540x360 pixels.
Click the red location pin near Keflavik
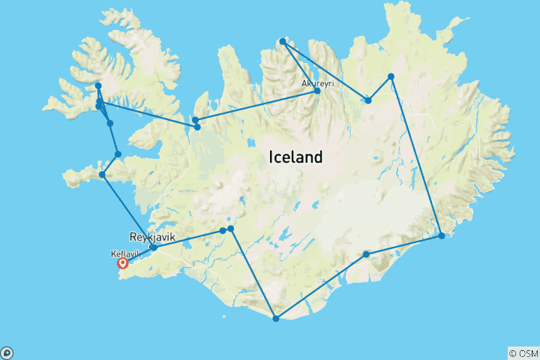click(122, 262)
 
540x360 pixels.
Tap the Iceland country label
click(295, 157)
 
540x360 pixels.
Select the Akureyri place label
click(317, 83)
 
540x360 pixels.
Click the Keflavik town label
click(125, 253)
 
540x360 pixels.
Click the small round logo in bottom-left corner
click(6, 353)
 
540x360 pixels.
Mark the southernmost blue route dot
click(276, 319)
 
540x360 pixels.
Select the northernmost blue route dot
click(282, 41)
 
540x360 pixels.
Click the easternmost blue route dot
click(442, 236)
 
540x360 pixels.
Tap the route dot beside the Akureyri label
click(317, 91)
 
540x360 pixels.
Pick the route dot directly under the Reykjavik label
click(154, 247)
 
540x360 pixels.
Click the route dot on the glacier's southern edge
click(366, 254)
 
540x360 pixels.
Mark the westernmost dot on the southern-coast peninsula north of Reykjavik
click(103, 175)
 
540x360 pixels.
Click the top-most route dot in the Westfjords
click(98, 86)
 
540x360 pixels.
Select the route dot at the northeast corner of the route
click(391, 76)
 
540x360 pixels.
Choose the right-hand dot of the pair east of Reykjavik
click(231, 228)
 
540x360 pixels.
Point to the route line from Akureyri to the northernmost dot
click(299, 66)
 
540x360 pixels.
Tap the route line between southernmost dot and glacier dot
click(321, 286)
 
